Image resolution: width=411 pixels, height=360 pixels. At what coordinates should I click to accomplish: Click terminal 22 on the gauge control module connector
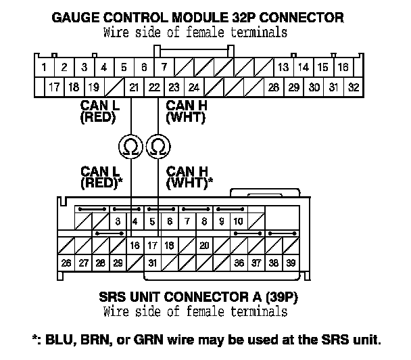[154, 87]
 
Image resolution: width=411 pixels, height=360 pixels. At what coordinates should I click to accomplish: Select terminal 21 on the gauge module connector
[134, 87]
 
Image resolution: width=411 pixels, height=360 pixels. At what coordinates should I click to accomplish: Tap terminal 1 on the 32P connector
[43, 67]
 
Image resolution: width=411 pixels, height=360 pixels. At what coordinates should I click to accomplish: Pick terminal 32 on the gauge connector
[354, 87]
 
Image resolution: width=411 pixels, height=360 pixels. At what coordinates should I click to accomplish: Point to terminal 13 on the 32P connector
[283, 67]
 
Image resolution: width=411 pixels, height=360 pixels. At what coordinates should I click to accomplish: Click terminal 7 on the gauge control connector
[164, 67]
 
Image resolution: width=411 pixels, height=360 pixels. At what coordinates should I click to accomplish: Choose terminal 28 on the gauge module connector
[274, 87]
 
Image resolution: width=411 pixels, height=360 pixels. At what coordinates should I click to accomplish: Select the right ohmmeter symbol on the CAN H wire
[158, 145]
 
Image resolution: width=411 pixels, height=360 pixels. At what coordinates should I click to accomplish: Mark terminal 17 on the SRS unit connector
[152, 245]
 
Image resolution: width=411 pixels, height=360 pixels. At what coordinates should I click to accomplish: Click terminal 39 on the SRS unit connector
[291, 263]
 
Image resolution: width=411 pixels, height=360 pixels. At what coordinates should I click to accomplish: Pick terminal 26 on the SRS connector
[66, 263]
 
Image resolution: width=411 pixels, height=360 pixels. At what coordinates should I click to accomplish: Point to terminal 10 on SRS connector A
[238, 221]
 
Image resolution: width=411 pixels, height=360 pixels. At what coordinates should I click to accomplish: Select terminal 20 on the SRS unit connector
[204, 245]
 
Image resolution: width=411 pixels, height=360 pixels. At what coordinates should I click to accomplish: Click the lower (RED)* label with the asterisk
[101, 183]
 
